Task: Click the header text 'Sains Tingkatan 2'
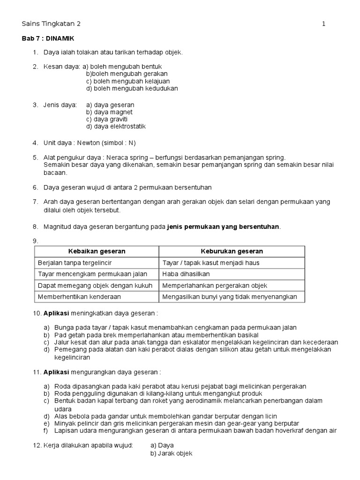tap(54, 24)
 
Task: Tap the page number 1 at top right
tap(323, 24)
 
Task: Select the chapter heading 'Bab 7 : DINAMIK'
tap(48, 38)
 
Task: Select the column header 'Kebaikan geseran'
tap(97, 251)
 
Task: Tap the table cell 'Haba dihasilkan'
tap(186, 274)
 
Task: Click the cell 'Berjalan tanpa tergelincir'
tap(75, 262)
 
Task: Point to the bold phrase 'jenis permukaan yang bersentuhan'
tap(223, 227)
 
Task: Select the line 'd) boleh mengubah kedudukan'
tap(132, 88)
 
